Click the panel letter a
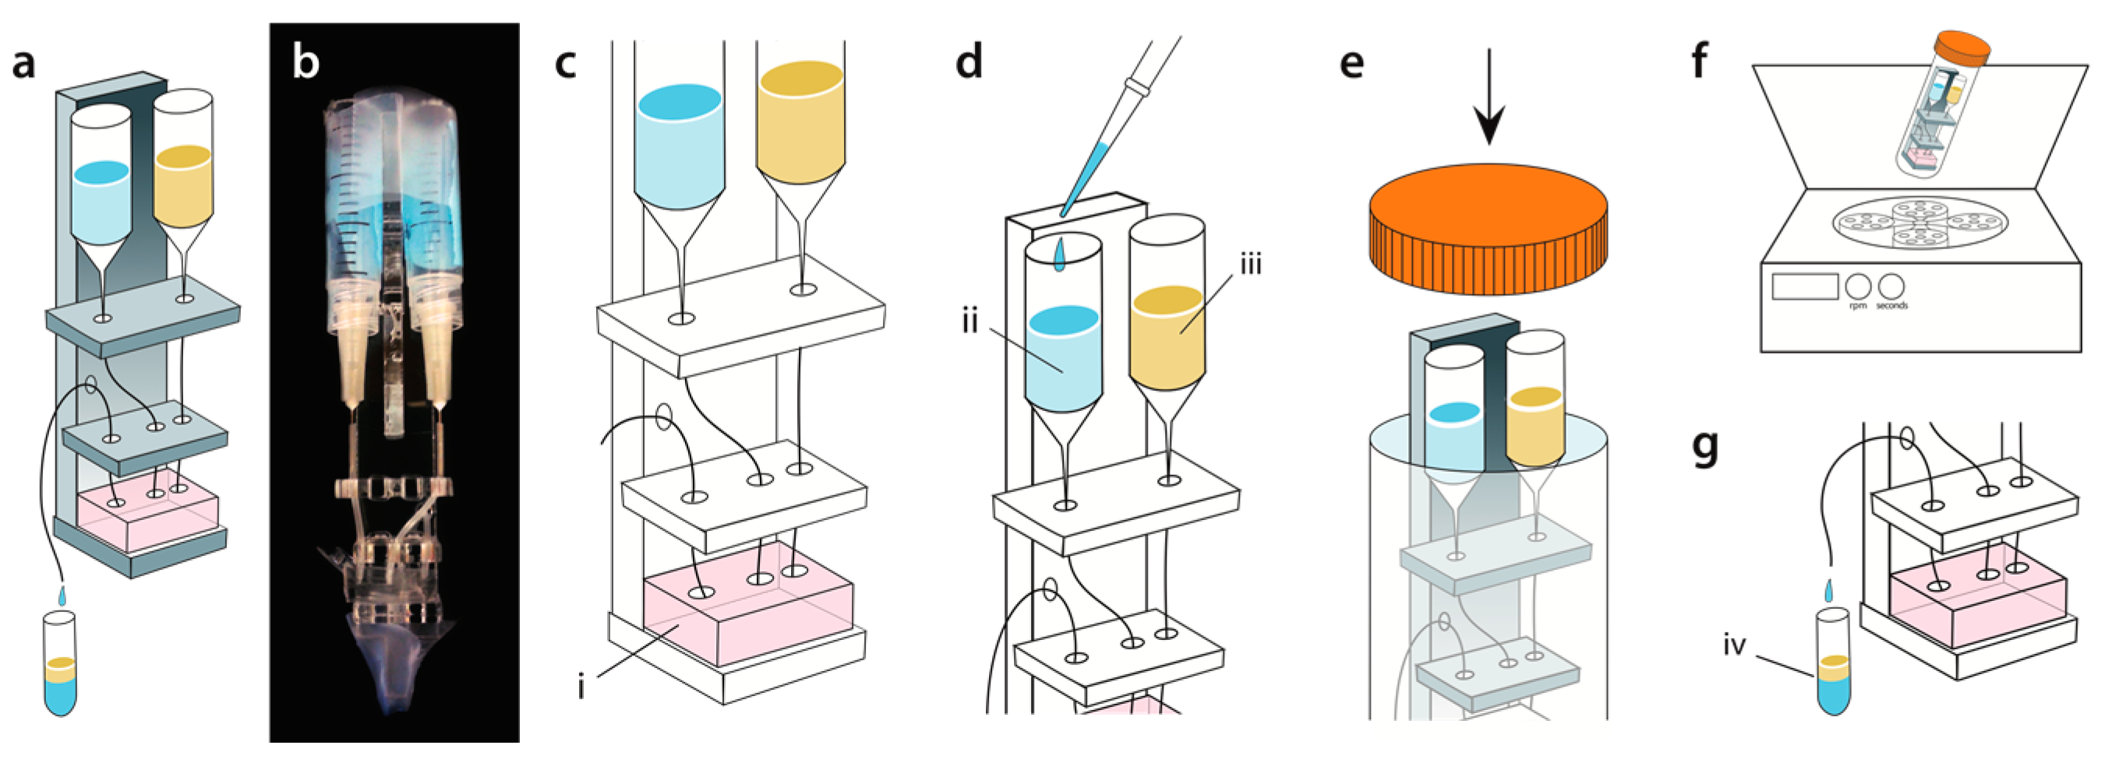click(x=23, y=64)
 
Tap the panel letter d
click(x=970, y=62)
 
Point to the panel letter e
click(x=1352, y=62)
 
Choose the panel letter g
click(x=1704, y=448)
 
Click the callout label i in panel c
click(x=581, y=687)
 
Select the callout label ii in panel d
click(x=970, y=321)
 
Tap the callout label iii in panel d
click(x=1251, y=264)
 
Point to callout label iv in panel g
click(x=1734, y=645)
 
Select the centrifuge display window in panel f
click(x=1804, y=287)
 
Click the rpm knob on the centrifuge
click(x=1857, y=286)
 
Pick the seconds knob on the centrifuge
click(x=1891, y=286)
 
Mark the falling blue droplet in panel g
click(x=1829, y=589)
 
